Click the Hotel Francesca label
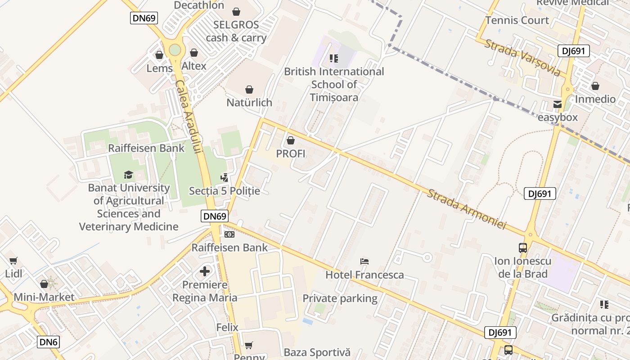click(x=364, y=274)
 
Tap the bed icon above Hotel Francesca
click(x=364, y=261)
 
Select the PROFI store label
click(x=291, y=153)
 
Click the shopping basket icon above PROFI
click(x=291, y=140)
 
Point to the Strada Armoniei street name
click(x=467, y=209)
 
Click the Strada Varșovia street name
click(x=522, y=58)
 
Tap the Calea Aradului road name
click(x=188, y=117)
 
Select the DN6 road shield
click(x=48, y=342)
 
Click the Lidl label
click(x=13, y=273)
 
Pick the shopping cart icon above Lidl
click(x=13, y=261)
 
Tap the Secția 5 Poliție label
click(x=225, y=191)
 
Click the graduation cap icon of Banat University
click(x=129, y=175)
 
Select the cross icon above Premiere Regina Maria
click(x=205, y=271)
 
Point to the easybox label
click(x=558, y=117)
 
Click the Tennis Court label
click(x=517, y=20)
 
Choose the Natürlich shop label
click(x=249, y=103)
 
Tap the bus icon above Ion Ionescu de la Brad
click(x=522, y=247)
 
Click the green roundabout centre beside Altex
click(x=175, y=50)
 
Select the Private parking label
click(x=340, y=298)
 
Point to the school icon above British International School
click(x=334, y=58)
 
